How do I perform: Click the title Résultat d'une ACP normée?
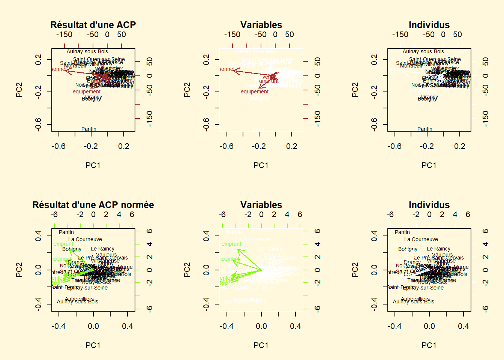click(x=93, y=205)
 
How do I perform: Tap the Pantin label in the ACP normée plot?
click(x=66, y=232)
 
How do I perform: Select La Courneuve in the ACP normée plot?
click(x=85, y=239)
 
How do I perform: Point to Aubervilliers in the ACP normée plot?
click(x=79, y=298)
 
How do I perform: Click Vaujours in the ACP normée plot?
click(x=106, y=255)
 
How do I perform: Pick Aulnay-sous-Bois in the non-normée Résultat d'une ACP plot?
click(x=87, y=51)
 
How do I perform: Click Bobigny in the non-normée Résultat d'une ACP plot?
click(x=91, y=99)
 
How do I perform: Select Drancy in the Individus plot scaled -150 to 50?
click(x=430, y=97)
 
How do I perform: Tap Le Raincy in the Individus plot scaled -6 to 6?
click(x=438, y=249)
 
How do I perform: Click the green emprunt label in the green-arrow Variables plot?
click(x=231, y=244)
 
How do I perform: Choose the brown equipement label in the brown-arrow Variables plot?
click(x=255, y=91)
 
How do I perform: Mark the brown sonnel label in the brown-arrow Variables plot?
click(x=226, y=69)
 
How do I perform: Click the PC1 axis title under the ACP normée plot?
click(x=93, y=345)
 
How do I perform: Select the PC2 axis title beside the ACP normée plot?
click(x=19, y=270)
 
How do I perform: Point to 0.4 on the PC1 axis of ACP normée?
click(x=127, y=326)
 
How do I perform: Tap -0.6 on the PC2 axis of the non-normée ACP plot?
click(x=38, y=124)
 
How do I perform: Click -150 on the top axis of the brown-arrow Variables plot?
click(x=232, y=34)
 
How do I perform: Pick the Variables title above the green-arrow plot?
click(x=261, y=205)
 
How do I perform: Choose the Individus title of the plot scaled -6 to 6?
click(x=429, y=205)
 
